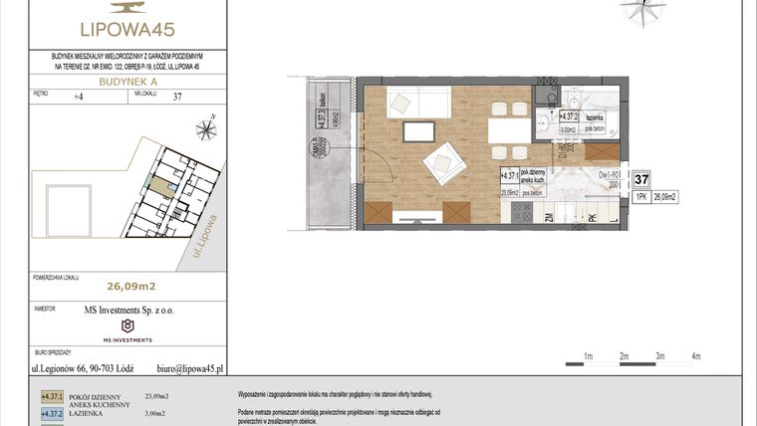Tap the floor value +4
pyautogui.click(x=79, y=97)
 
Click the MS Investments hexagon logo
pyautogui.click(x=126, y=325)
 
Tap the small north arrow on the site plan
pyautogui.click(x=206, y=127)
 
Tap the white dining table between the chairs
pyautogui.click(x=507, y=131)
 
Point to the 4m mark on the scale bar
pyautogui.click(x=696, y=355)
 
